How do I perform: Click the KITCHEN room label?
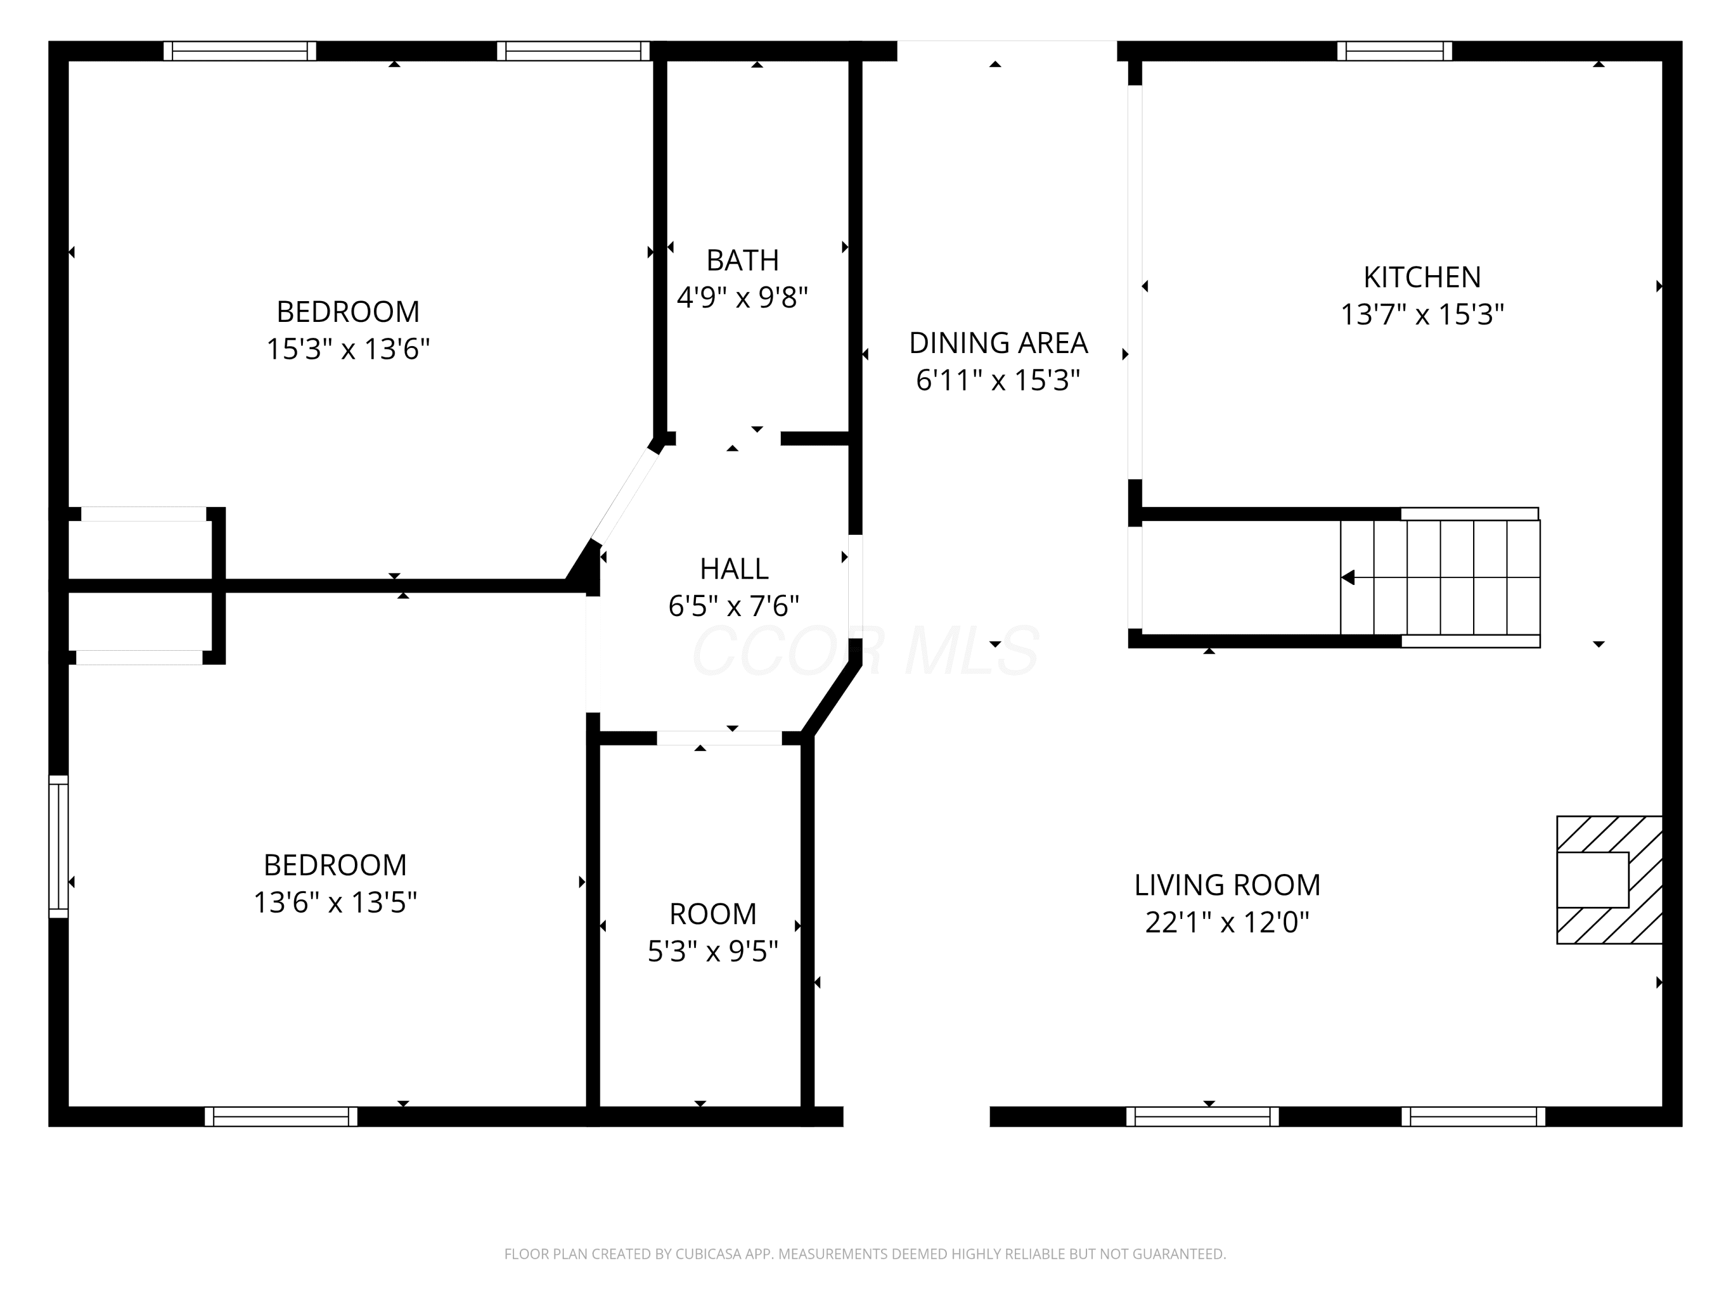[1422, 277]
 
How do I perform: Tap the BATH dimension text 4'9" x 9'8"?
[742, 297]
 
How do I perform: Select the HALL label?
[734, 569]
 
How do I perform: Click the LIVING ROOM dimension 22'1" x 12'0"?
[1227, 922]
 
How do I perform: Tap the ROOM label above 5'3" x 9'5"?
[713, 914]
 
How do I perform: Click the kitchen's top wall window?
[1395, 51]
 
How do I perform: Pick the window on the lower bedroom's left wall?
[59, 846]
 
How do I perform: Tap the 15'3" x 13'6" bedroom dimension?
[349, 349]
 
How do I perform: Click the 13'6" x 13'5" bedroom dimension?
[335, 903]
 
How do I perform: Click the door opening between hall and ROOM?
[718, 738]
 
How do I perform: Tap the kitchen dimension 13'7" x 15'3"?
[1422, 314]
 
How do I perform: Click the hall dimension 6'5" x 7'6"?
[733, 606]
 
